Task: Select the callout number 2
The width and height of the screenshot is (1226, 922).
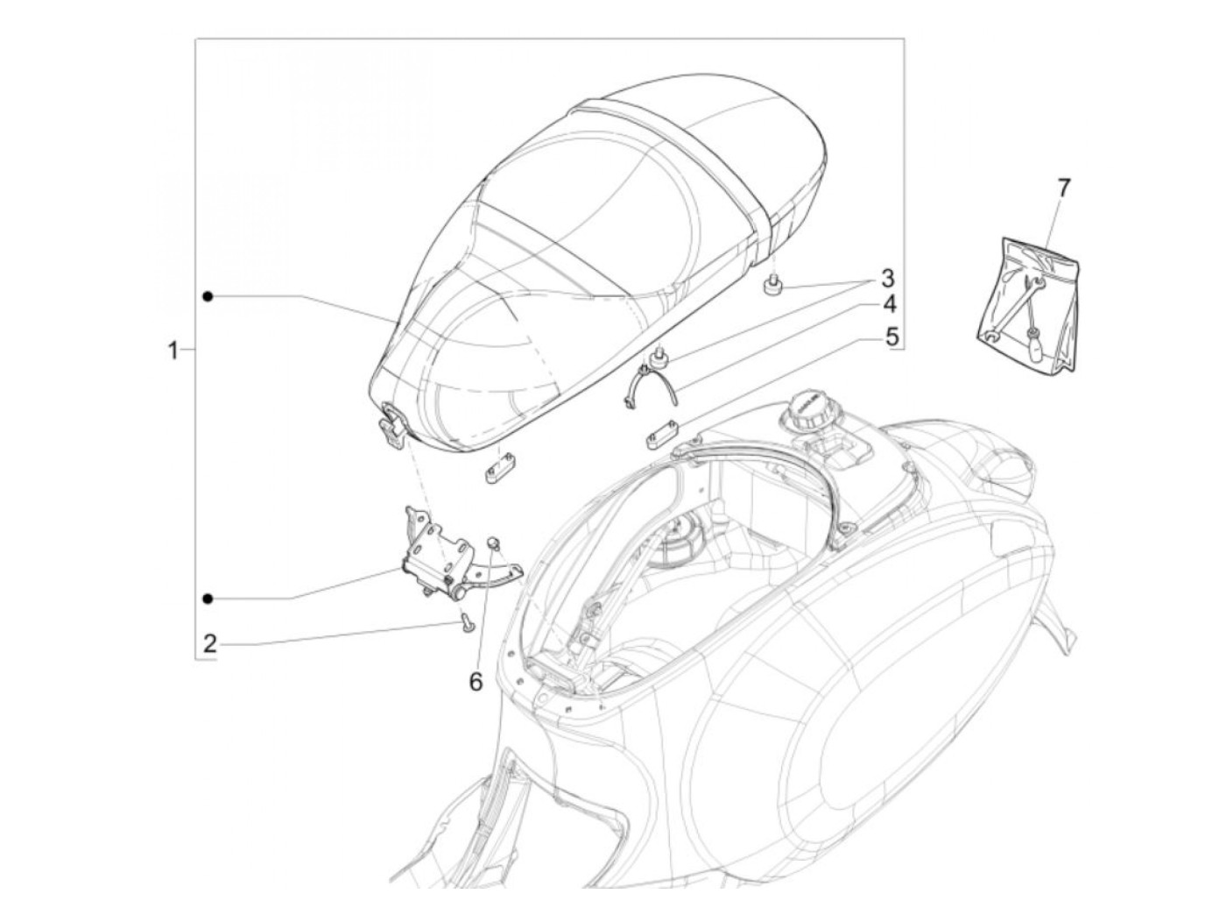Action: tap(209, 643)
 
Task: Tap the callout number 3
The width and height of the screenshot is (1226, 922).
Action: tap(887, 279)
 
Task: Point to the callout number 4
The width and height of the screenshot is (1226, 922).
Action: tap(889, 306)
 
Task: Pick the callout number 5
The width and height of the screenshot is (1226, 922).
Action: tap(891, 337)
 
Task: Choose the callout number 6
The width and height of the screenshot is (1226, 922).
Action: tap(476, 681)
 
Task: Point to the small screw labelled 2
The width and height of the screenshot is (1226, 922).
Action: tap(463, 623)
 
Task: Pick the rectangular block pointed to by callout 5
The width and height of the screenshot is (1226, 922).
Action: tap(663, 436)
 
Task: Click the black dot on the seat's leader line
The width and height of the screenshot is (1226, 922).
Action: tap(208, 297)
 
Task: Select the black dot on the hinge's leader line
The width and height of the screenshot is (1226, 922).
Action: tap(208, 599)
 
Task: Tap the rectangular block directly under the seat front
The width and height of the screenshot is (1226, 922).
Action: tap(500, 465)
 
